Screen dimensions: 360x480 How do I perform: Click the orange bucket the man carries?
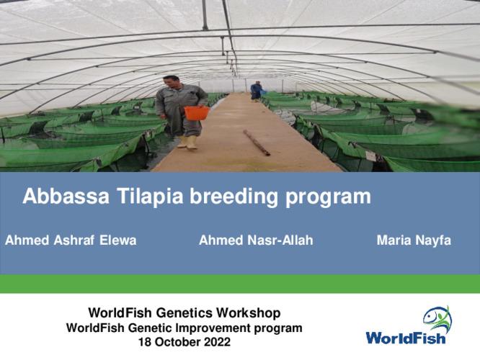click(196, 112)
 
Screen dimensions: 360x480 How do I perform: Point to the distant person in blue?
click(256, 91)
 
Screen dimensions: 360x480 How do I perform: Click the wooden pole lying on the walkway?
click(257, 143)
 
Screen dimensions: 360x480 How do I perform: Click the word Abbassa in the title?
click(62, 197)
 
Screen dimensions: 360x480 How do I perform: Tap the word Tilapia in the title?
click(141, 197)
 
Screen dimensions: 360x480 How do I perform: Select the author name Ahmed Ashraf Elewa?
click(71, 240)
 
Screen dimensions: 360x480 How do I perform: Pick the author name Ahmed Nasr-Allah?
click(256, 240)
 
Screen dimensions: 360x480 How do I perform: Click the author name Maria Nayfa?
click(414, 240)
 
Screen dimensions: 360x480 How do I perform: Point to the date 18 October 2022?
click(185, 342)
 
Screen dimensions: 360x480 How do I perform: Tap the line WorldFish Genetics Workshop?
click(185, 313)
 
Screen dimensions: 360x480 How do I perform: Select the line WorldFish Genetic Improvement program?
click(185, 328)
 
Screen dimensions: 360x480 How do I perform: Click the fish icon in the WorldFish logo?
click(437, 318)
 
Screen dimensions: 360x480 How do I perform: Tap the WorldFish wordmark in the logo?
click(406, 338)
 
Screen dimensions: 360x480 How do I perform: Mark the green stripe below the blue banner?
click(240, 284)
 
